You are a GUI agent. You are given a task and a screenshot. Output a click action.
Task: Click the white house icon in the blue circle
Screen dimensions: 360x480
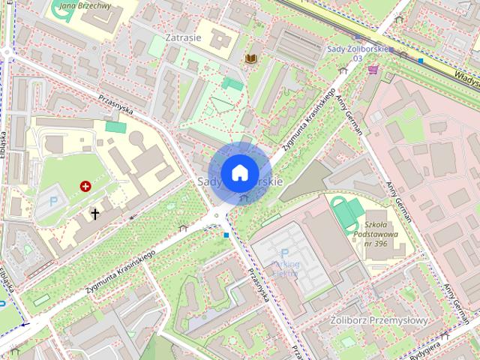point(239,172)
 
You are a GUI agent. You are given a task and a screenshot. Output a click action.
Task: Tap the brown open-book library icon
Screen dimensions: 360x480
point(251,58)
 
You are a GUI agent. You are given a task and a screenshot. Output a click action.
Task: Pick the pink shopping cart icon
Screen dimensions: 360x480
point(373,69)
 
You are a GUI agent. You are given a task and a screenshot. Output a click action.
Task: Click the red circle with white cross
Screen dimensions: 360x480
point(85,185)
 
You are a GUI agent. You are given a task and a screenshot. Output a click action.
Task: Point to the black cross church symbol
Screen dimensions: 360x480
point(94,214)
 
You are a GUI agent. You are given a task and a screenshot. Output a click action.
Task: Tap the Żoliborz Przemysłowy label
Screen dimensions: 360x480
point(379,321)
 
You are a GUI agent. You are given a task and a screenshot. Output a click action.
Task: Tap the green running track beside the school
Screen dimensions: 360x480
point(343,213)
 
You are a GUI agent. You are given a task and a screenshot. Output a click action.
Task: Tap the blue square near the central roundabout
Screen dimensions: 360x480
point(226,235)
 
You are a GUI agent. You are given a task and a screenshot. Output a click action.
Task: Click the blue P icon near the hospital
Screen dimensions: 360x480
point(52,201)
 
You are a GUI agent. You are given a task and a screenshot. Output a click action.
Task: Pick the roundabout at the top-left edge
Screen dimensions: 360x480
point(7,52)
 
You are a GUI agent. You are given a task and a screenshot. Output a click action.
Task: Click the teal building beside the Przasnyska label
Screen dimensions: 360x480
point(116,127)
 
